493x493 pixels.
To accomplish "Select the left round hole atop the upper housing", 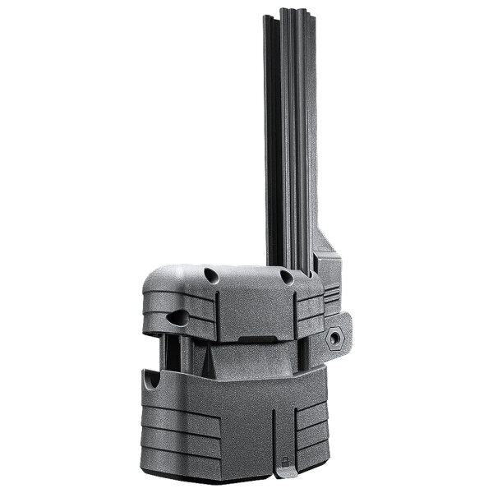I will [x=210, y=276].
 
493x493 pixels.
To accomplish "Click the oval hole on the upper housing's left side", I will [x=177, y=316].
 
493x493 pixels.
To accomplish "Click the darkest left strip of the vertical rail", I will [x=273, y=123].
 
